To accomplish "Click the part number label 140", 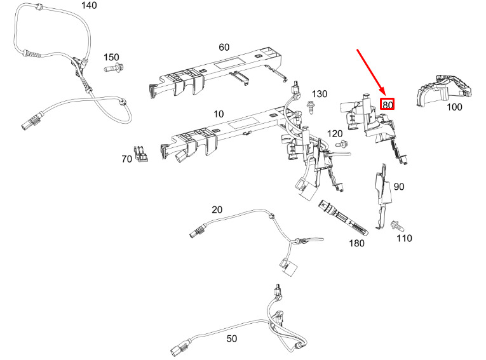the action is (89, 5).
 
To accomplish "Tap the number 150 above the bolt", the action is (111, 57).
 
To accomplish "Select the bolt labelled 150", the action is (114, 67).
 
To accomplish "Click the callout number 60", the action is (224, 47).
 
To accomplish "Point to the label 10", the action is (219, 114).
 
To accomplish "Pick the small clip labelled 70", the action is (141, 154).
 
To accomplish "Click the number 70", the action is (127, 159).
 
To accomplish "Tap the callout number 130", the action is (320, 94).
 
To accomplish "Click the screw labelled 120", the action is (342, 143).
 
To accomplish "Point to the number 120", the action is (335, 133).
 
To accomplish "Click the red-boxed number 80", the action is (388, 104).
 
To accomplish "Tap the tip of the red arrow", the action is (385, 95).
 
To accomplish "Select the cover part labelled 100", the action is (444, 90).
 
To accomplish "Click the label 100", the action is (454, 107).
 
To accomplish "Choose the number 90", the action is (399, 187).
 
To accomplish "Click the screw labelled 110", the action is (397, 226).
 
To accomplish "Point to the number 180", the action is (357, 243).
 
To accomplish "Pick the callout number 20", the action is (217, 210).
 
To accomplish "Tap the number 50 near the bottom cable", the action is (231, 338).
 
